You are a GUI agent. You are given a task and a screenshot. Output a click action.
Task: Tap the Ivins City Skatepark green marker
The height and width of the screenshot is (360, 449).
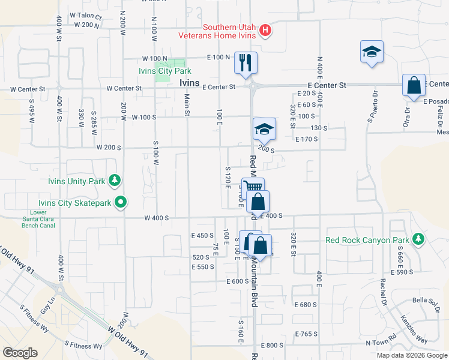(121, 203)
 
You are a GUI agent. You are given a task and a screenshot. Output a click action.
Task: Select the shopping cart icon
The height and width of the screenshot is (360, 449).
(253, 188)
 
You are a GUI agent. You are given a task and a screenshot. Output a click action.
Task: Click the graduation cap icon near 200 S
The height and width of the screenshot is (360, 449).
(264, 128)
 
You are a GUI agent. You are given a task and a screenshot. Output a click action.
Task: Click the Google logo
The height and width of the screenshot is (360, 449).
(20, 353)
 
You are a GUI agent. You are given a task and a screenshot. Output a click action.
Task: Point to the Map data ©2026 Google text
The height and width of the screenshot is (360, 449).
(411, 355)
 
